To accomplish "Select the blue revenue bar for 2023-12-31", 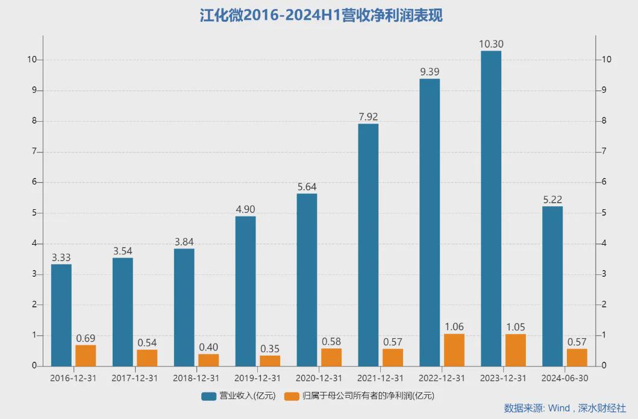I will [491, 208].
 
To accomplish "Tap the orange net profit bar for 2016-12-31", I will [86, 355].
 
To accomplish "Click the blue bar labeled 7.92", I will [368, 244].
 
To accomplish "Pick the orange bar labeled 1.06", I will [454, 350].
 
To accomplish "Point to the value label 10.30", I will [491, 44].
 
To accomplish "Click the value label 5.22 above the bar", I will [552, 200].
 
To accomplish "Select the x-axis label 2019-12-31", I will [257, 378].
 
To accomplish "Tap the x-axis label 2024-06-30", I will [565, 378].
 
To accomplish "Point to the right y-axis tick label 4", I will [602, 244].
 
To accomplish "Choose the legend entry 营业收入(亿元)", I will [239, 396].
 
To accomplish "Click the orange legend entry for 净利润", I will [360, 396].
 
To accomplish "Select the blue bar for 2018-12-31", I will [184, 307].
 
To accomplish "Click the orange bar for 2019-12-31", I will [270, 361].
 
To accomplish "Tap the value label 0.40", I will [208, 347].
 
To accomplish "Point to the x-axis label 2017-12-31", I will [134, 378].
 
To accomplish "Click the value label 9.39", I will [430, 72].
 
